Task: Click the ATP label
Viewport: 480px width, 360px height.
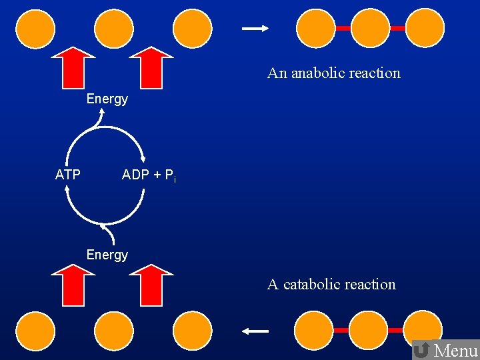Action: (67, 175)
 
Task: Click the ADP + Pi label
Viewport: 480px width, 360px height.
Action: (148, 175)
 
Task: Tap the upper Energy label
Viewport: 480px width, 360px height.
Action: (107, 99)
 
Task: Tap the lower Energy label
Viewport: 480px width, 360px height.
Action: (107, 255)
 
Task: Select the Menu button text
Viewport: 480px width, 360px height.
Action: (456, 350)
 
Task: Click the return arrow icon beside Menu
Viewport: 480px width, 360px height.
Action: (421, 350)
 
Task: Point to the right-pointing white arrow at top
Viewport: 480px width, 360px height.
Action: (255, 28)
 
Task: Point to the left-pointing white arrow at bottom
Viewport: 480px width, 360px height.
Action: (255, 331)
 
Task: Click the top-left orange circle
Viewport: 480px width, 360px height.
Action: (35, 27)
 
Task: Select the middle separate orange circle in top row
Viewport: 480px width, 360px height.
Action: (114, 27)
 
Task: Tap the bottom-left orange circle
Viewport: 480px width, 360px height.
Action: (35, 331)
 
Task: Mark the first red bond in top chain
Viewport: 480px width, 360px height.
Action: (343, 29)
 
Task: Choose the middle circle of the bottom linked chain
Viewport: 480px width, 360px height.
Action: (368, 330)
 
